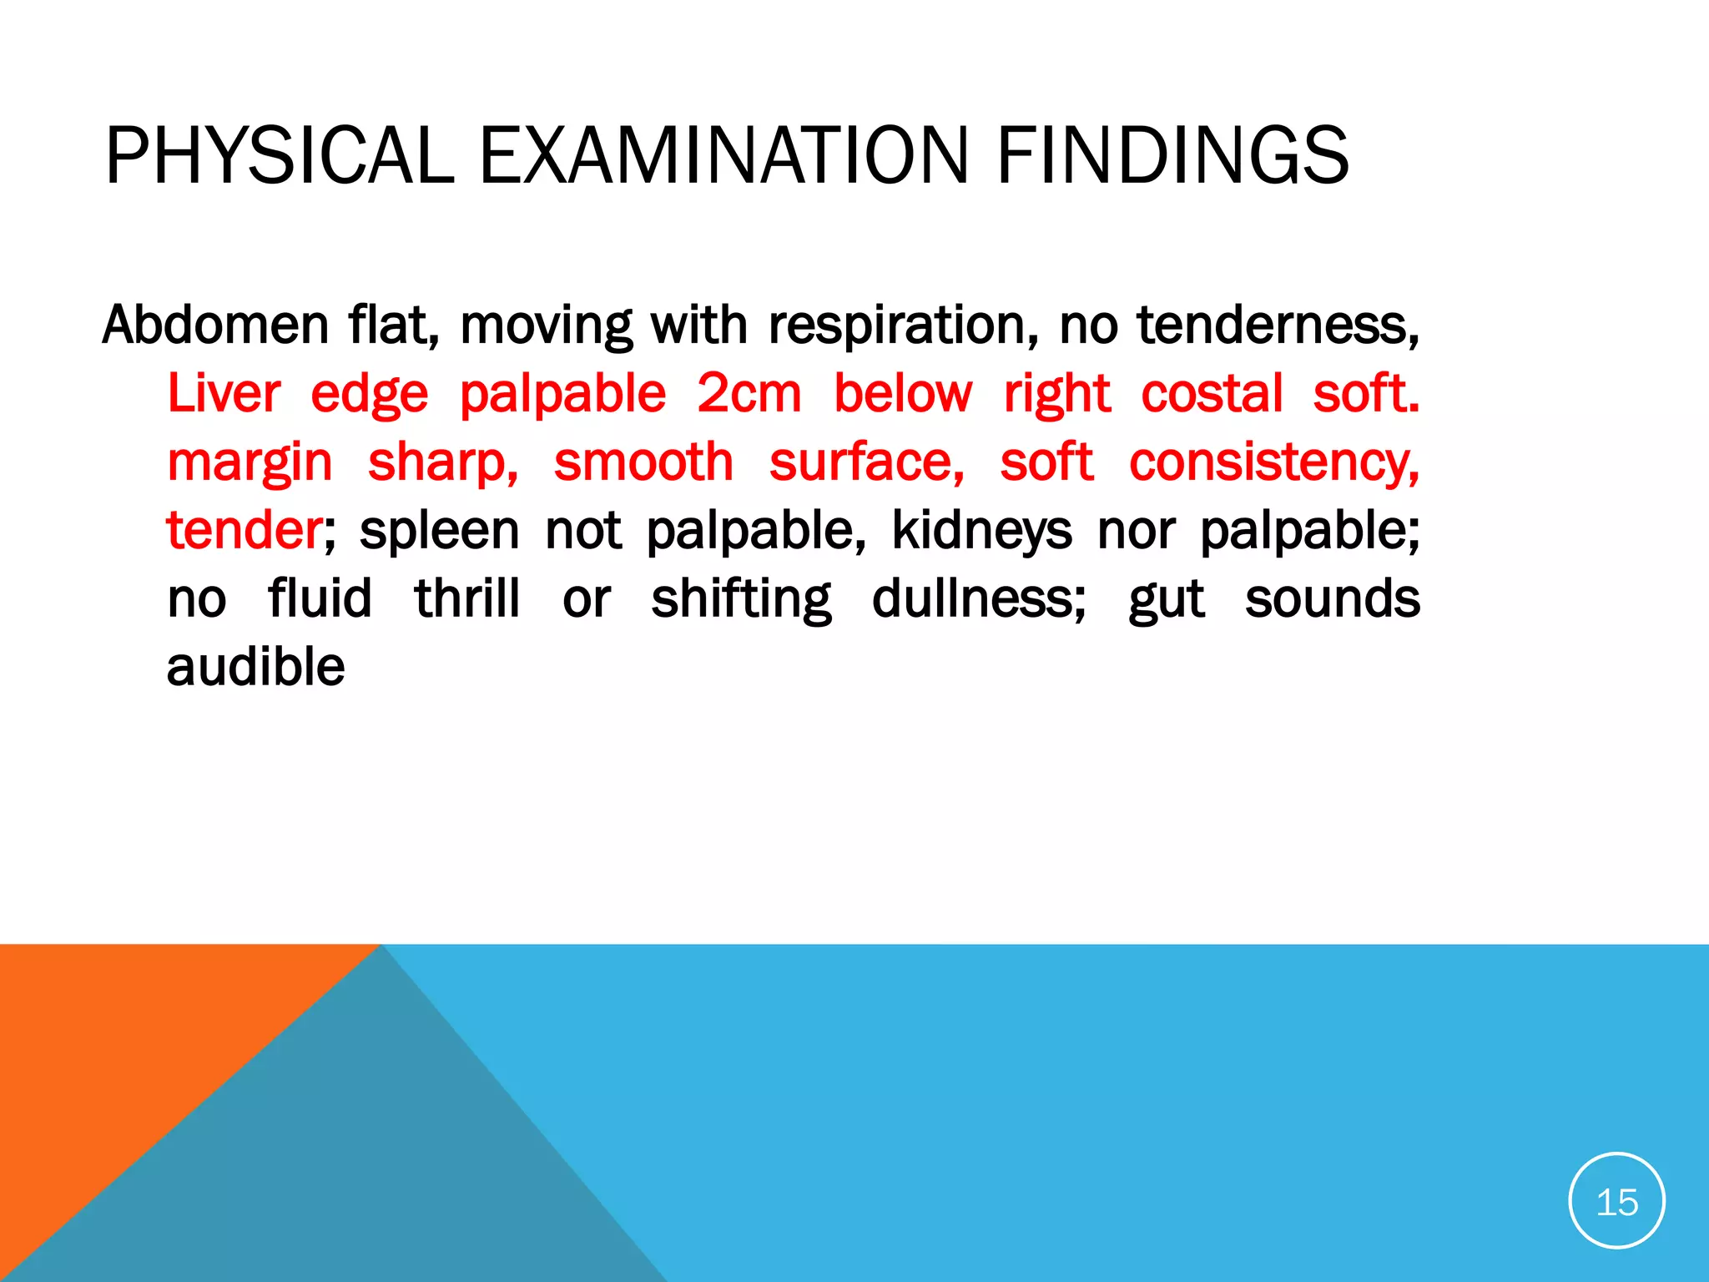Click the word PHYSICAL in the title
tap(279, 155)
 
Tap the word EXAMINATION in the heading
tap(723, 155)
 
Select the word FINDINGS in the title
tap(1172, 155)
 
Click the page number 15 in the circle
tap(1616, 1203)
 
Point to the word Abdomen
tap(215, 325)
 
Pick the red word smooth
tap(643, 462)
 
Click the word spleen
tap(439, 532)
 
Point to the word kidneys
tap(981, 532)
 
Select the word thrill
tap(467, 598)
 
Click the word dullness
tap(978, 598)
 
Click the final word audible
tap(255, 667)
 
